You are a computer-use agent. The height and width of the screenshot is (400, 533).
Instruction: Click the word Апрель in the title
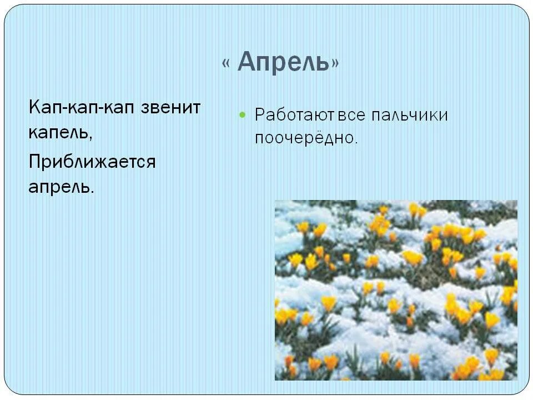[x=284, y=63]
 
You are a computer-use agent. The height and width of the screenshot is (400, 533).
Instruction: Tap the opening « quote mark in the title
[x=226, y=63]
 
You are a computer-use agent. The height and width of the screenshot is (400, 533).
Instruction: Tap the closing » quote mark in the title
[x=335, y=64]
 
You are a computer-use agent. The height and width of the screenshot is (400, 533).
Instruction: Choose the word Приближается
[x=92, y=162]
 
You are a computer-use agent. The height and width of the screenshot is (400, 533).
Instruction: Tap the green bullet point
[x=242, y=114]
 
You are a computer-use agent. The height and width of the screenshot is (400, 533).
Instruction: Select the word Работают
[x=288, y=115]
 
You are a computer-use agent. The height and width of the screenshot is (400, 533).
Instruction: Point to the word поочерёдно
[x=304, y=138]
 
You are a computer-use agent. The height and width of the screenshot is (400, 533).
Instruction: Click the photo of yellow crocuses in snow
[x=396, y=290]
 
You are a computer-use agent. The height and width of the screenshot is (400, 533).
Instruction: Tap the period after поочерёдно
[x=355, y=143]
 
